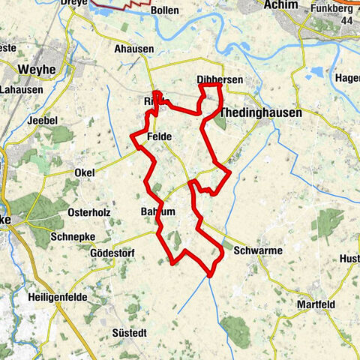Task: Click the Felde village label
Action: (159, 137)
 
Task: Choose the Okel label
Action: (85, 172)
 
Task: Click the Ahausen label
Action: (134, 49)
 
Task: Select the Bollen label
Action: (164, 11)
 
